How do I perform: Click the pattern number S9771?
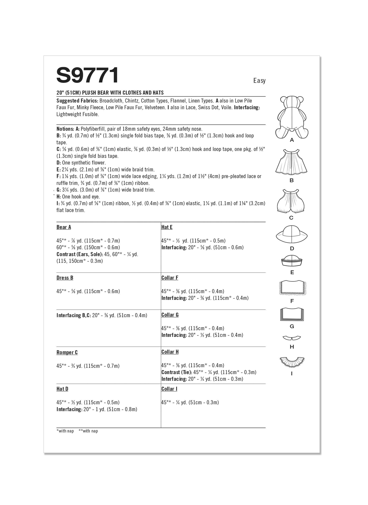point(87,75)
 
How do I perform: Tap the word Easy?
point(259,81)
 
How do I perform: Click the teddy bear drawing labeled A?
point(292,117)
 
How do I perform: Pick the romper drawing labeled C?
point(291,201)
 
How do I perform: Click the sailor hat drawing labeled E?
point(292,261)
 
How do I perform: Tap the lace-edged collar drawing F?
point(293,288)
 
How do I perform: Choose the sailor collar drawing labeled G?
point(292,314)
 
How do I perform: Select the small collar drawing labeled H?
point(292,338)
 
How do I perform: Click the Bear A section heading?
point(64,227)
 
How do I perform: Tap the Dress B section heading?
point(65,278)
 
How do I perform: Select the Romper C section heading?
point(67,352)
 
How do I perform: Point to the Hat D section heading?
point(62,389)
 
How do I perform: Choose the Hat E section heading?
point(167,227)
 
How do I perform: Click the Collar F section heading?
point(170,278)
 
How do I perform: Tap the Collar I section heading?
point(169,389)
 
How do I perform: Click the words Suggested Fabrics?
point(77,101)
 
